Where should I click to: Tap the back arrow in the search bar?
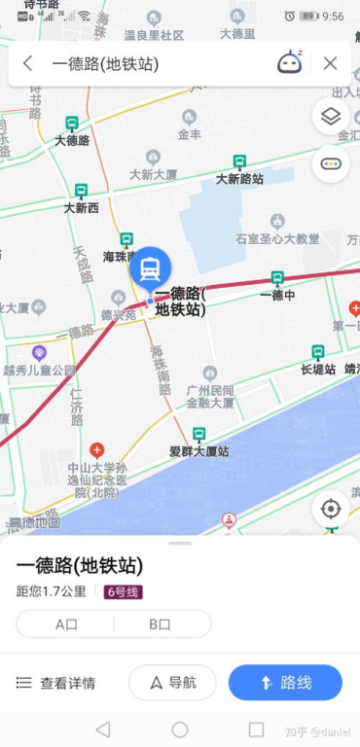pyautogui.click(x=27, y=63)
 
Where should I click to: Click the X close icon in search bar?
pyautogui.click(x=330, y=63)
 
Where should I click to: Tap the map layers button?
pyautogui.click(x=331, y=117)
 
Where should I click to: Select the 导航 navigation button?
pyautogui.click(x=172, y=683)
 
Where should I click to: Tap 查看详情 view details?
pyautogui.click(x=56, y=683)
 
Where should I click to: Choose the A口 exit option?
pyautogui.click(x=66, y=624)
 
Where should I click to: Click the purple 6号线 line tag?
pyautogui.click(x=124, y=591)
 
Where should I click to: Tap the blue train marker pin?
pyautogui.click(x=150, y=267)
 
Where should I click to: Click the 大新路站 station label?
pyautogui.click(x=239, y=178)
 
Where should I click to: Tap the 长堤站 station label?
pyautogui.click(x=318, y=369)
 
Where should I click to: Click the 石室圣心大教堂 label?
pyautogui.click(x=277, y=237)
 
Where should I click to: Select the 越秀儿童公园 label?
pyautogui.click(x=39, y=370)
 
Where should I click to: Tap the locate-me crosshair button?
pyautogui.click(x=331, y=510)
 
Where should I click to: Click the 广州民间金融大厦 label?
pyautogui.click(x=210, y=395)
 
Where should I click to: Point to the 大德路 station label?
pyautogui.click(x=72, y=140)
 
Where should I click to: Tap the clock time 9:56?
pyautogui.click(x=333, y=17)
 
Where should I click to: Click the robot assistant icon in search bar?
pyautogui.click(x=290, y=63)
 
